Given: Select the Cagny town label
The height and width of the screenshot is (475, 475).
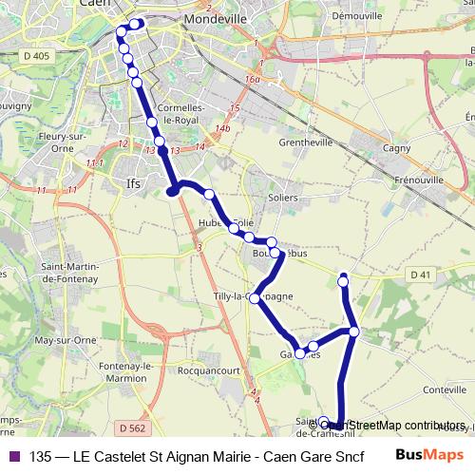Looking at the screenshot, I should [x=394, y=147].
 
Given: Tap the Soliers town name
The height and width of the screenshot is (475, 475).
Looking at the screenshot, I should [x=283, y=198].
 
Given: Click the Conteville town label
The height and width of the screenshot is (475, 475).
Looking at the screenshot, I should [x=442, y=389].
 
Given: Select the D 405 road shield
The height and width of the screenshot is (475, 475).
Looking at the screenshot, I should [x=39, y=57].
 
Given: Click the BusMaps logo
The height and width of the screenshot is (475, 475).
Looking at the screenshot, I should [x=430, y=455].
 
